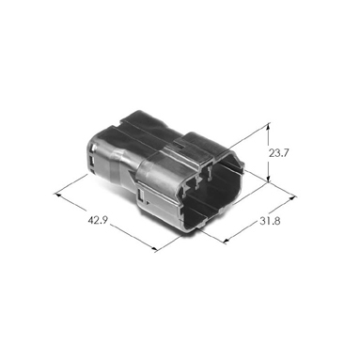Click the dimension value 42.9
coord(98,220)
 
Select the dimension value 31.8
coord(270,221)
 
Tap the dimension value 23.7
coord(278,153)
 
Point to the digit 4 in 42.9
coord(90,220)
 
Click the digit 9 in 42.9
coord(105,220)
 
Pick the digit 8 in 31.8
coord(277,221)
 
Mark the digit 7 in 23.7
coord(286,153)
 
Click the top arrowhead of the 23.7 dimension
coord(268,126)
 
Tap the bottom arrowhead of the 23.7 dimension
coord(268,179)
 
